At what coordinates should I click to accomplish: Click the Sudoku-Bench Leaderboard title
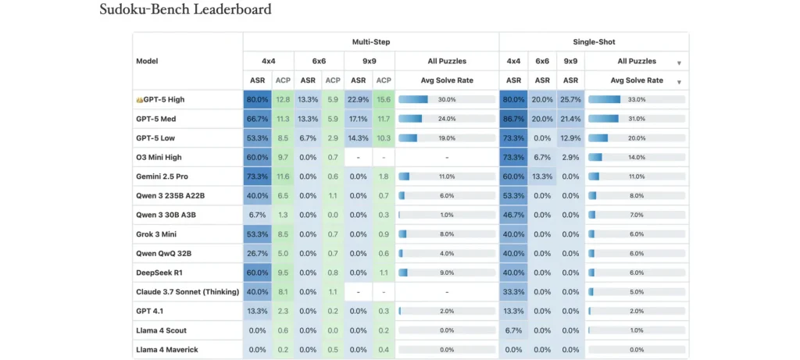[185, 10]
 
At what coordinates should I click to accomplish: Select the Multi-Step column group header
[370, 41]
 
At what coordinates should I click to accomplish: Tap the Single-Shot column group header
[594, 41]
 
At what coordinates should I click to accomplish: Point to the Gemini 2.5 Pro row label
[162, 176]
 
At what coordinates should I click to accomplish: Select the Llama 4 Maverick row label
[166, 349]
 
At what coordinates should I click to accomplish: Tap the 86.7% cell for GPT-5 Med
[513, 119]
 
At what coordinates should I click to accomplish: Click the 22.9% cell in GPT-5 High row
[358, 100]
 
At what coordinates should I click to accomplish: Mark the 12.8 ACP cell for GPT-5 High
[283, 100]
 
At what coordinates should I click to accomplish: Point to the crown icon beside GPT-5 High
[139, 100]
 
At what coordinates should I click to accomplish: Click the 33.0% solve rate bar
[636, 100]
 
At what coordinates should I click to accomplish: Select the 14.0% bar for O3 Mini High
[636, 157]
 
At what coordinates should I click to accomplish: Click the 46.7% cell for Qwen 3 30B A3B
[513, 215]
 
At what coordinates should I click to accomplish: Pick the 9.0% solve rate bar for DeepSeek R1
[446, 273]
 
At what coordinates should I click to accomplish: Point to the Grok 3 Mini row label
[156, 234]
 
